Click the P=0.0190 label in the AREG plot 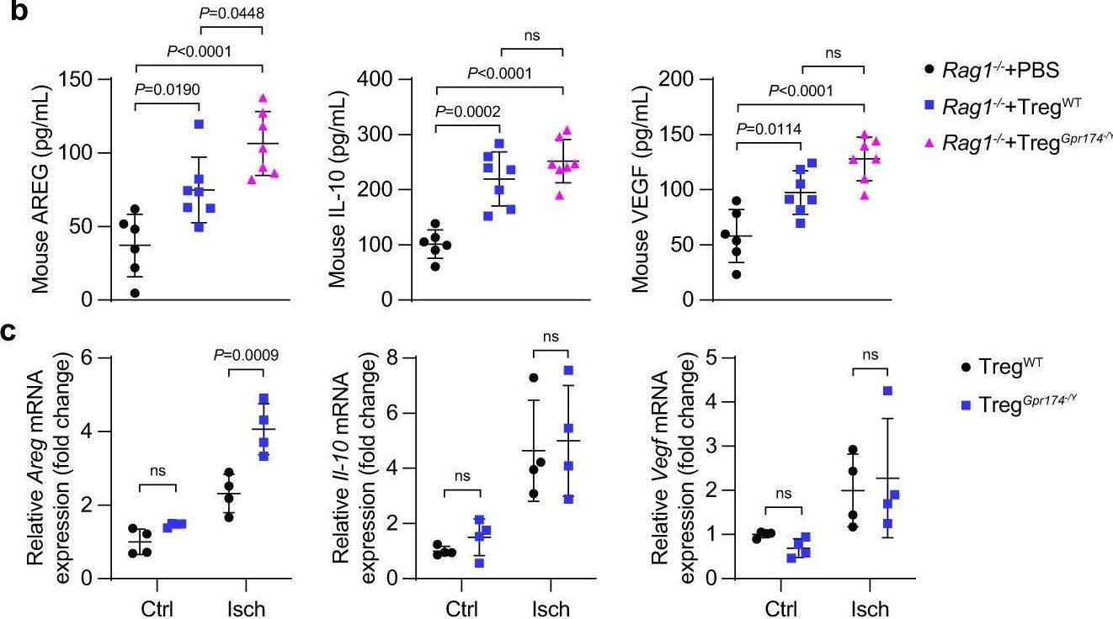[167, 89]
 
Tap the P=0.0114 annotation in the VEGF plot [769, 128]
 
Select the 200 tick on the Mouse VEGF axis [676, 80]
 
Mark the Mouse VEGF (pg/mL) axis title [642, 189]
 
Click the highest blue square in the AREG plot [200, 124]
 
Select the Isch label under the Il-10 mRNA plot [551, 608]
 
